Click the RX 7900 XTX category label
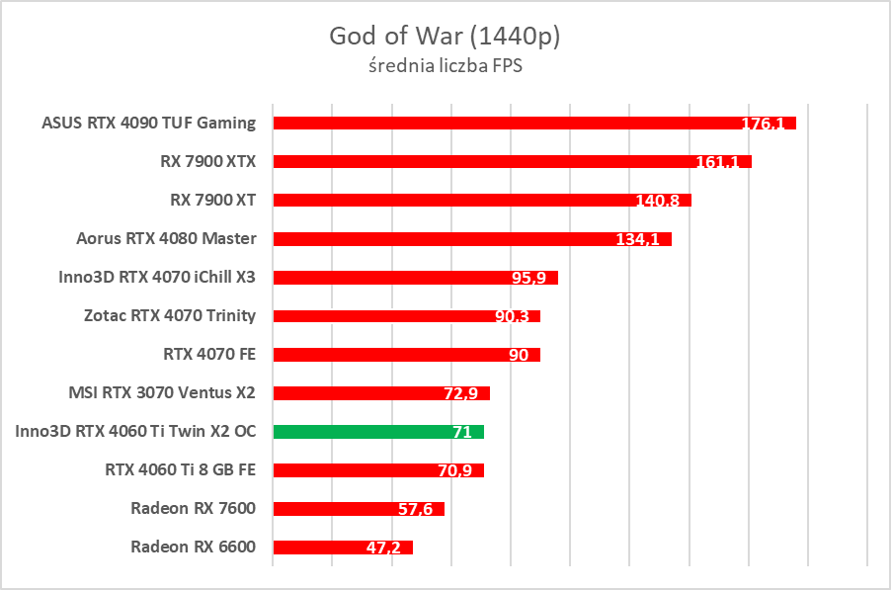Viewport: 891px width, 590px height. tap(207, 161)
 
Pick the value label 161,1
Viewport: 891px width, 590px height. tap(717, 162)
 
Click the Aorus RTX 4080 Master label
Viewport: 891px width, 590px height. tap(166, 238)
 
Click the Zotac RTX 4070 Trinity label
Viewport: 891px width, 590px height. tap(170, 315)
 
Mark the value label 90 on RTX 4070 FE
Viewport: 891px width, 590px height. tap(519, 356)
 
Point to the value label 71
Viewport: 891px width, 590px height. tap(461, 433)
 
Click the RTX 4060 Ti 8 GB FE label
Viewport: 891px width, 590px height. tap(180, 469)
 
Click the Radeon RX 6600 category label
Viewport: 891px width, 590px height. tap(193, 547)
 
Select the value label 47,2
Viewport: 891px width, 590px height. tap(382, 548)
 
